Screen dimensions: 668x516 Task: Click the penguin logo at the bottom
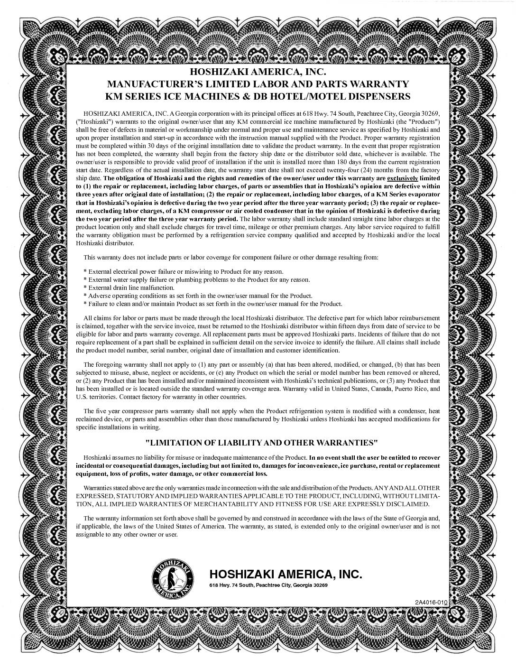(x=173, y=578)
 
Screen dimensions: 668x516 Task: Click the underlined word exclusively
(x=403, y=178)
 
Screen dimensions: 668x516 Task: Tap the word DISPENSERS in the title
(x=381, y=96)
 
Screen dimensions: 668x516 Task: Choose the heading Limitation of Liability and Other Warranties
(x=261, y=443)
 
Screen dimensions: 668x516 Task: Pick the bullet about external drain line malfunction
(x=129, y=288)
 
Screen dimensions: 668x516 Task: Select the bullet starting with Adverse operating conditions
(x=198, y=296)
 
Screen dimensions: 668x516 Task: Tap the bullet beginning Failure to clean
(x=212, y=304)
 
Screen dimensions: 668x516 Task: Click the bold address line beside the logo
(x=268, y=585)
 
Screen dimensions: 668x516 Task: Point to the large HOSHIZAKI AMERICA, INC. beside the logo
(x=286, y=575)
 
